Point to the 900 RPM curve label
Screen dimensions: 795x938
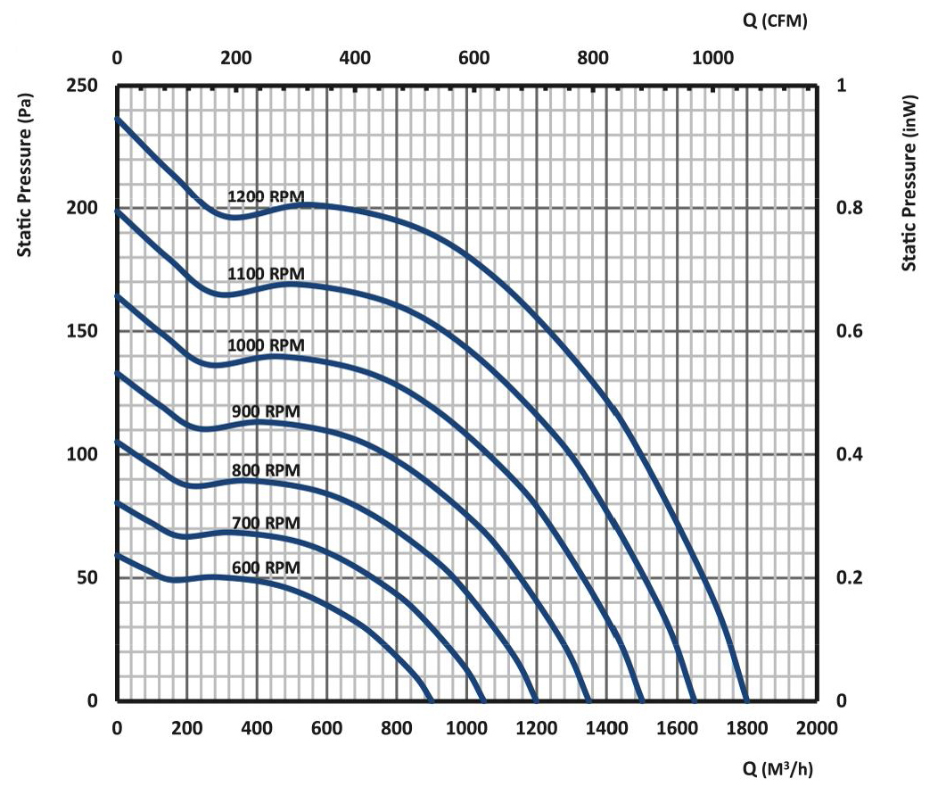click(266, 411)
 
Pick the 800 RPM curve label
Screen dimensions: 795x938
click(266, 470)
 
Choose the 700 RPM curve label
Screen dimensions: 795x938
click(266, 522)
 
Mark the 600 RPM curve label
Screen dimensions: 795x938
click(266, 567)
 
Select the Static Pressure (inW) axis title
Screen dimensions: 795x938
click(909, 182)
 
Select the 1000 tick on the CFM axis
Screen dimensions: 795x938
click(710, 59)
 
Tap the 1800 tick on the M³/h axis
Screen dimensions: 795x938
click(747, 727)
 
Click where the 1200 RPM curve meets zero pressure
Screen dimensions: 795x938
click(746, 700)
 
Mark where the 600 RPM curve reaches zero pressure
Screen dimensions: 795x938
click(432, 700)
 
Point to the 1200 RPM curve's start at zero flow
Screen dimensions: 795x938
click(118, 119)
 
